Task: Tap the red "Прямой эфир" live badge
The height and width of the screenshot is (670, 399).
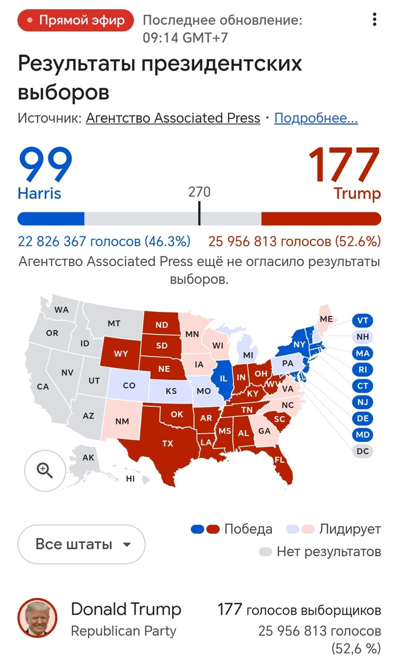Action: (x=75, y=21)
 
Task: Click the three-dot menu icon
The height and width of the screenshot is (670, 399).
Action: (x=374, y=20)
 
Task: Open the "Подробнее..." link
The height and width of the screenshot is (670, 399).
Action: (x=316, y=119)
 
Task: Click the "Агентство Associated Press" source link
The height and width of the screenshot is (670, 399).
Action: (x=173, y=119)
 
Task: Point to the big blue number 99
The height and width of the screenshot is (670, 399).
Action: (x=46, y=165)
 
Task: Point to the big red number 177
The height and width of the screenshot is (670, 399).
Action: (x=344, y=165)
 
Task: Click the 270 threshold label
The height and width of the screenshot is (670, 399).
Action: (x=199, y=191)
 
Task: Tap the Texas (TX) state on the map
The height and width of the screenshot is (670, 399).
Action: (x=167, y=443)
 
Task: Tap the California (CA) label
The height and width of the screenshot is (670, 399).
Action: (x=43, y=386)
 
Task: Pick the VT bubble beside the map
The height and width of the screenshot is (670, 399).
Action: (x=363, y=320)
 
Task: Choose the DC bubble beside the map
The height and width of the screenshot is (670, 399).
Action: (x=363, y=451)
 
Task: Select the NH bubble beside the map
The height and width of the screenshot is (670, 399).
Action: (x=363, y=337)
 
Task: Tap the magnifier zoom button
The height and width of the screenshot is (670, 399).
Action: (x=44, y=471)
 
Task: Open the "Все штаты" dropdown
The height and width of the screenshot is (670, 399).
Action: (x=82, y=544)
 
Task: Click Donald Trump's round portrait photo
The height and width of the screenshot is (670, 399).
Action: (x=38, y=618)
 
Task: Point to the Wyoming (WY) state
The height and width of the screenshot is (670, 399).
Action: (x=121, y=354)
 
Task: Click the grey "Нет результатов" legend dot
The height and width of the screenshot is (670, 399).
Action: (x=265, y=551)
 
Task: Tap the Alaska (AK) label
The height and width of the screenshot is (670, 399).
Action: (x=88, y=457)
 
